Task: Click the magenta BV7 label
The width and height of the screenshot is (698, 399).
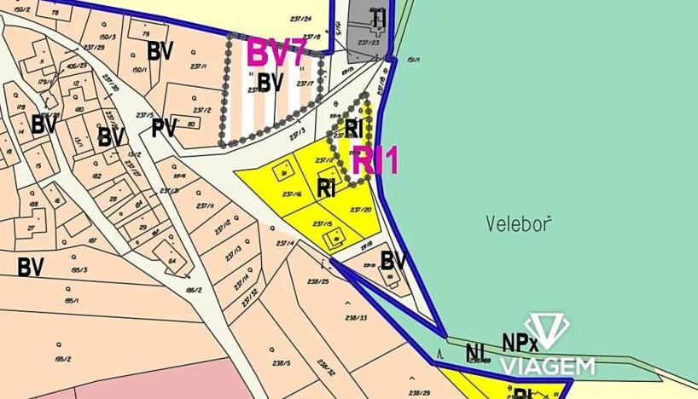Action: [x=276, y=53]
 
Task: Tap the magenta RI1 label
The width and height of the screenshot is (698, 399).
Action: [x=375, y=160]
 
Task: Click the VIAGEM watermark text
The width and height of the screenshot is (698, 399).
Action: [x=546, y=366]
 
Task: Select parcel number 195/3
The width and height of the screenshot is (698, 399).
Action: [x=79, y=270]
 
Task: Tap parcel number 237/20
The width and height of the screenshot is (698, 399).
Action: [x=360, y=209]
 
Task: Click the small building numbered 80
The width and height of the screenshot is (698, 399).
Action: [x=191, y=124]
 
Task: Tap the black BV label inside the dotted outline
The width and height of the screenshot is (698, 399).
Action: [x=270, y=83]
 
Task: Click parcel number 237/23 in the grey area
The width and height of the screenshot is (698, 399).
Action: [x=368, y=42]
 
